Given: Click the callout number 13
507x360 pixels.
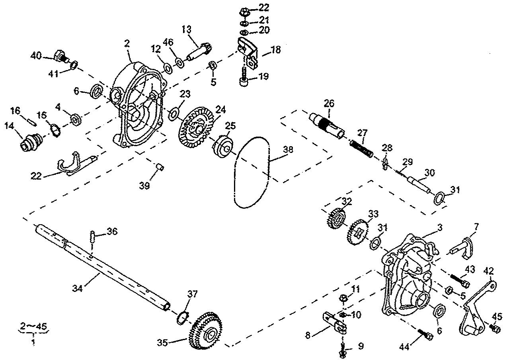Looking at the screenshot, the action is point(187,29).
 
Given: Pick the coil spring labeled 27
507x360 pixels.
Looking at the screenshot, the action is point(361,149).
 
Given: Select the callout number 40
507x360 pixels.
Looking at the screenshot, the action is point(36,55).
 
